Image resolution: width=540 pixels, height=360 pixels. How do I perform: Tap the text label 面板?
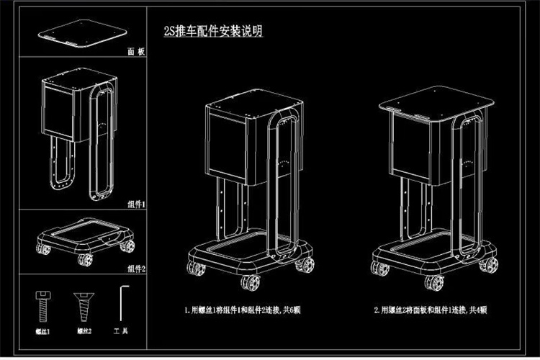[x=135, y=53]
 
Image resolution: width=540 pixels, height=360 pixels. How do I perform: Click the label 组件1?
[x=135, y=204]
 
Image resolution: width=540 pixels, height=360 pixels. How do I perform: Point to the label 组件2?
[x=135, y=269]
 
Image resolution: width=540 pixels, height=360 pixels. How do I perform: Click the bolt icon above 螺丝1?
[x=43, y=304]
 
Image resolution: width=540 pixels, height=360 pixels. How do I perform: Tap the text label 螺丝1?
[x=43, y=331]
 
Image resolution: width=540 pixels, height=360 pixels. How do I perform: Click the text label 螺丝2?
[x=83, y=331]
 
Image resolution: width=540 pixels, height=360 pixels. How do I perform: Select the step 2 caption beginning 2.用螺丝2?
[x=431, y=310]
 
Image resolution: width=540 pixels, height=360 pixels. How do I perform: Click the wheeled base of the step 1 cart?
[x=248, y=256]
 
